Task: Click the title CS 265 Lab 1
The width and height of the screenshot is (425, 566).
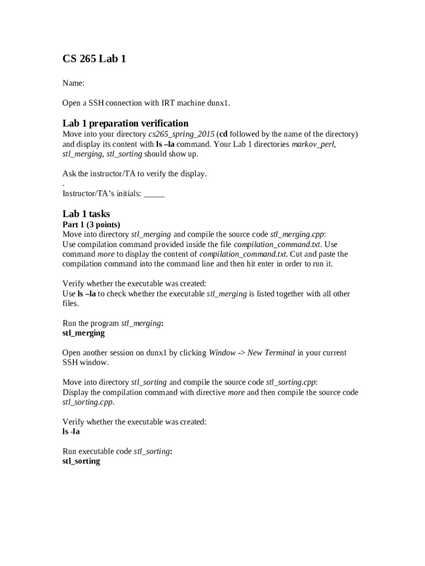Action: pyautogui.click(x=94, y=58)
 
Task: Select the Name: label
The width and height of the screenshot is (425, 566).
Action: pyautogui.click(x=73, y=83)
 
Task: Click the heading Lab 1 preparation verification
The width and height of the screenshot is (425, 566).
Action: pyautogui.click(x=125, y=123)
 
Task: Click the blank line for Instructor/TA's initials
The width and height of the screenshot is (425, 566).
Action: pyautogui.click(x=154, y=194)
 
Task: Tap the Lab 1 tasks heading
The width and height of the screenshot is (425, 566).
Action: pyautogui.click(x=86, y=214)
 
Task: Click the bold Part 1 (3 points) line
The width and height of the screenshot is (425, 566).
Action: pyautogui.click(x=91, y=224)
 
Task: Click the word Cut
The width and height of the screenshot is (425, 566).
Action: pyautogui.click(x=296, y=254)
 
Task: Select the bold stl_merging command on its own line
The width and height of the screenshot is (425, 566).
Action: pyautogui.click(x=83, y=333)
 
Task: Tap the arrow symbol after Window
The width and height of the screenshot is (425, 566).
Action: pyautogui.click(x=241, y=353)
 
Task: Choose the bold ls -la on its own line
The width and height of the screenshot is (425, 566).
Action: pyautogui.click(x=71, y=432)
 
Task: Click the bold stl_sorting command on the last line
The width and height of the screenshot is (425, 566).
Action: pyautogui.click(x=81, y=461)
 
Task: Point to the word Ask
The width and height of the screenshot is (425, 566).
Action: pyautogui.click(x=69, y=174)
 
